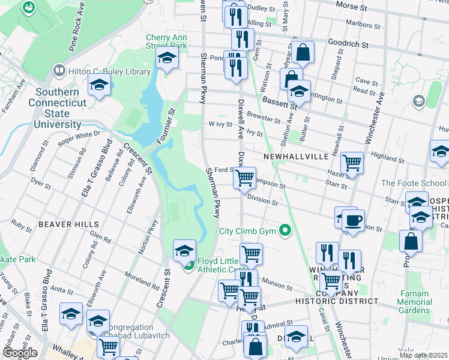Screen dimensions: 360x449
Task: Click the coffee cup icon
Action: coord(353,220)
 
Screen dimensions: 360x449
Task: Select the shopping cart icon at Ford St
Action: coord(244,178)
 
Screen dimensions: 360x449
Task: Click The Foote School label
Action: coord(414,183)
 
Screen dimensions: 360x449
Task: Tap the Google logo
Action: coord(19,353)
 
